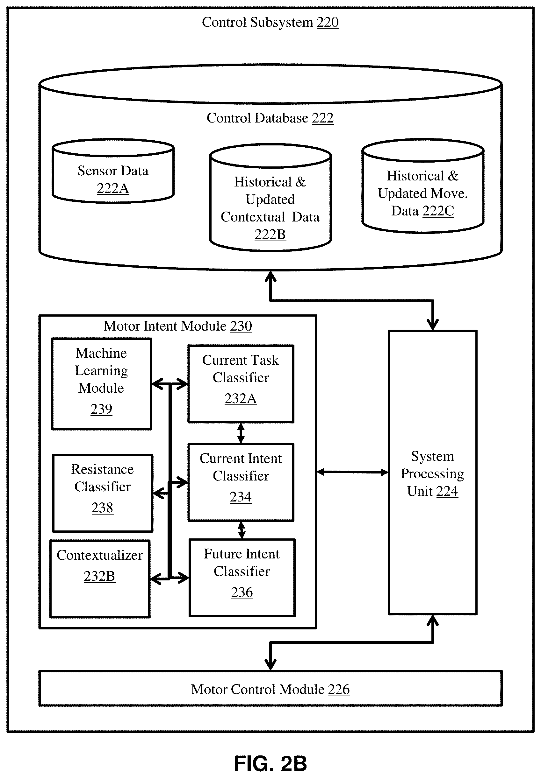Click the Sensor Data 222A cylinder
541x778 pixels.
(113, 171)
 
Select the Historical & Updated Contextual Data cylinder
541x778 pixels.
(270, 198)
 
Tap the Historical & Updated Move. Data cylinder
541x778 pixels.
(423, 186)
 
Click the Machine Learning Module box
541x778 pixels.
(101, 384)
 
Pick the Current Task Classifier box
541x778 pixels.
(241, 384)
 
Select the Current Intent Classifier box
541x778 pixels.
(241, 482)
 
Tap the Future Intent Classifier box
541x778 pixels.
(242, 578)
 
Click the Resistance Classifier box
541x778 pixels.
(102, 493)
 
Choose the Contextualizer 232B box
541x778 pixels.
(100, 579)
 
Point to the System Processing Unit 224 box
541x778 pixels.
(433, 473)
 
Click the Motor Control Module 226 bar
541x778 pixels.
(270, 688)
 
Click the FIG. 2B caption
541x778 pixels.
(270, 764)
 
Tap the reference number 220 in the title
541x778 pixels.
(328, 22)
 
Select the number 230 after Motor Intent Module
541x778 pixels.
(241, 326)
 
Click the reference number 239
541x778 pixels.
(101, 409)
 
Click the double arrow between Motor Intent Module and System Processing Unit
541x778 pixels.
(352, 472)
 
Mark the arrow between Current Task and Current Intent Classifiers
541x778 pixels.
(241, 433)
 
